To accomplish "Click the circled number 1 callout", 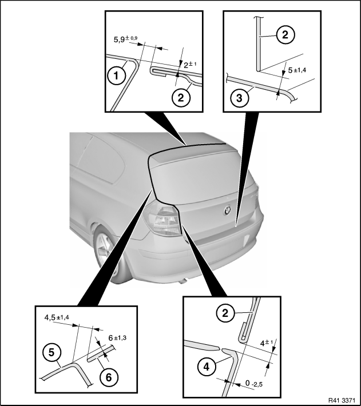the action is [x=116, y=76].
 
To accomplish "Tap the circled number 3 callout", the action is [x=239, y=98].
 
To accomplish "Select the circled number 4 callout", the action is [x=207, y=367].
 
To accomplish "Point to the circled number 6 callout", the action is [x=109, y=377].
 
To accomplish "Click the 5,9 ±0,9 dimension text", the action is [x=126, y=39].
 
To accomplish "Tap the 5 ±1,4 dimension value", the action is [x=297, y=70].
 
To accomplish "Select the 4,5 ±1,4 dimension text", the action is [x=57, y=317].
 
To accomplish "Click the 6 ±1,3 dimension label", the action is [x=117, y=338].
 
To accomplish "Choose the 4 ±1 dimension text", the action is [x=266, y=343].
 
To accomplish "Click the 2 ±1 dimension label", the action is [x=190, y=65].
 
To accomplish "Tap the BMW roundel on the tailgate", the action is [x=227, y=210].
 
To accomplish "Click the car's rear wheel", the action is [x=106, y=251].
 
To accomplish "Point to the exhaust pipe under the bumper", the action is [x=184, y=281].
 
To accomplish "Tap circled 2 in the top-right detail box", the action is [x=285, y=35].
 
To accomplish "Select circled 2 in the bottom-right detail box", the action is [x=225, y=313].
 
